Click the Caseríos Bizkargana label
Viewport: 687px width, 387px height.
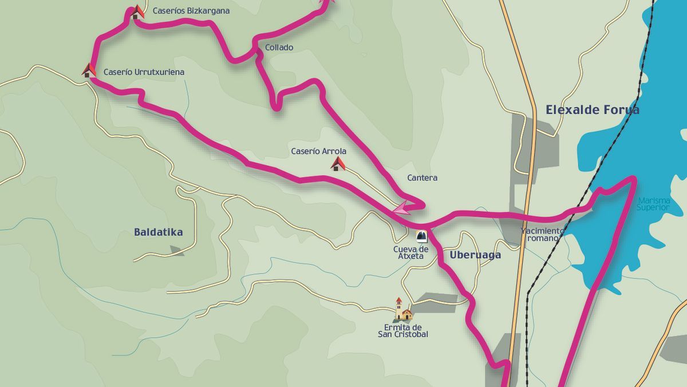191,11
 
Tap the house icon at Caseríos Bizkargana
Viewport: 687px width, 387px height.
137,12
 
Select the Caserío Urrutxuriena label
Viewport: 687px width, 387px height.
144,72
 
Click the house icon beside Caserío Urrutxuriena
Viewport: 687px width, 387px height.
88,71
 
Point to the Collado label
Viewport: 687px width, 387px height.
279,48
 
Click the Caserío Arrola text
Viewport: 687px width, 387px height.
318,151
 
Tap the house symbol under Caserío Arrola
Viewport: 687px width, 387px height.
338,165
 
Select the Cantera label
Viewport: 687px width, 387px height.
422,178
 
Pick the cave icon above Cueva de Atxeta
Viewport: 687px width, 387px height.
422,236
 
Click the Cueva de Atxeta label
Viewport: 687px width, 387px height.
410,252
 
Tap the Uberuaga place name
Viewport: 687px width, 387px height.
475,255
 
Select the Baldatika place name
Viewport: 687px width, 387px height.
158,232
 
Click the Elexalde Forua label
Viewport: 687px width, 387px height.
592,110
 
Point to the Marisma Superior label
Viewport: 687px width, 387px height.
652,204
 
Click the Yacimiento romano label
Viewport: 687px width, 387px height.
542,234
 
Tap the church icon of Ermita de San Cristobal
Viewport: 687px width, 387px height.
402,310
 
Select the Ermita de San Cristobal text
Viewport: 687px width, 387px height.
402,331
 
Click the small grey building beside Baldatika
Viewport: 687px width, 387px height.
177,250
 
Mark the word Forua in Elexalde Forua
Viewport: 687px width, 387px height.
619,110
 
